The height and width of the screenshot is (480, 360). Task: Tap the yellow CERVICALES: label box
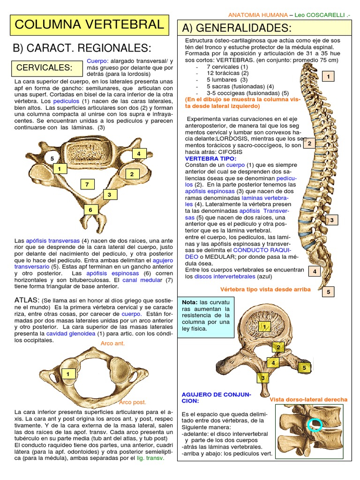click(45, 68)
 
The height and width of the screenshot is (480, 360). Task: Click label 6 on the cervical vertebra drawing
click(90, 210)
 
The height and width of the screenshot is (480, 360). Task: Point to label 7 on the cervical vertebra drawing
click(87, 184)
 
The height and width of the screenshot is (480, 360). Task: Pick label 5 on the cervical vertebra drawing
click(52, 159)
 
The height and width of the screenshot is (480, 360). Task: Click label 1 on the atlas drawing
click(68, 374)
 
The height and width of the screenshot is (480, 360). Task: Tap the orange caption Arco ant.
click(113, 344)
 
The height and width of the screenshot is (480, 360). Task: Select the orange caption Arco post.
click(133, 402)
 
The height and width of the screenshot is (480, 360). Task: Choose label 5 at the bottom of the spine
click(329, 292)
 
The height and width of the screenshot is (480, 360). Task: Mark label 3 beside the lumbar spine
click(331, 220)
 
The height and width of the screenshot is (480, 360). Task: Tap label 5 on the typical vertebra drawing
click(304, 368)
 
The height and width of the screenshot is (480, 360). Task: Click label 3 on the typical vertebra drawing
click(263, 377)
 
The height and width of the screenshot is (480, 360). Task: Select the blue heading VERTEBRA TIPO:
click(211, 158)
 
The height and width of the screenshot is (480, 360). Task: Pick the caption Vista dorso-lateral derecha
click(308, 399)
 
